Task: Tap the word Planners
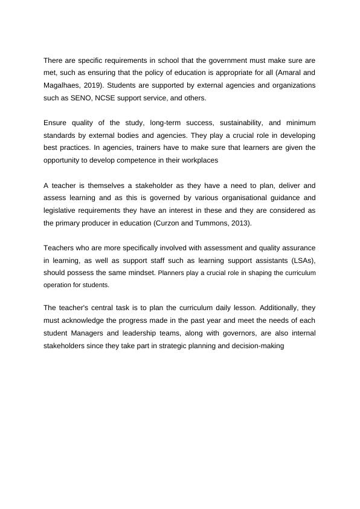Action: [171, 273]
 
